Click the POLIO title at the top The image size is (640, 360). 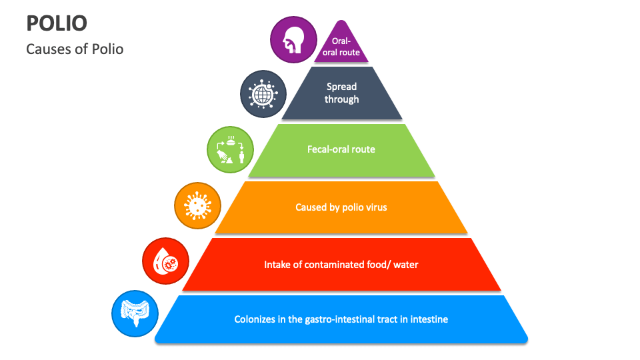click(x=57, y=23)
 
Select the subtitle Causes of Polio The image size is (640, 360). click(x=75, y=49)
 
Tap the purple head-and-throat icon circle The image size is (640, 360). click(x=293, y=40)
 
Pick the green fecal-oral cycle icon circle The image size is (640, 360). click(x=229, y=148)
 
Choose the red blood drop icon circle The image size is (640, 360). click(x=165, y=260)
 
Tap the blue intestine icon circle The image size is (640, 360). click(x=135, y=313)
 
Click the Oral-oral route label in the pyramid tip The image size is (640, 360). click(x=341, y=47)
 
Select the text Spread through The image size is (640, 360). click(x=342, y=93)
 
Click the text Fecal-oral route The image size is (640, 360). click(x=341, y=149)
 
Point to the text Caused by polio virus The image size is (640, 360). click(x=341, y=207)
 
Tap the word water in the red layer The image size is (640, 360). click(x=406, y=265)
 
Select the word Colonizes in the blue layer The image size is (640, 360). click(x=254, y=319)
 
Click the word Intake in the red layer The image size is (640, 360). click(x=277, y=265)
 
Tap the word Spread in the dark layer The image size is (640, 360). click(x=342, y=86)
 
